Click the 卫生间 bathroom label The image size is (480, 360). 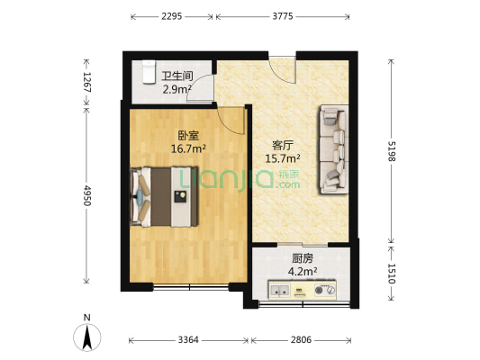pyautogui.click(x=175, y=76)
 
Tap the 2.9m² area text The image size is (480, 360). pyautogui.click(x=175, y=89)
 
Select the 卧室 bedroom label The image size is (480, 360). pyautogui.click(x=188, y=136)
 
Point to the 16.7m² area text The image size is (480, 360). pyautogui.click(x=189, y=148)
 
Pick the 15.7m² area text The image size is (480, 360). pyautogui.click(x=283, y=159)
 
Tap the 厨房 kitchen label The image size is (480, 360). pyautogui.click(x=302, y=258)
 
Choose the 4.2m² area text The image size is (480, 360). pyautogui.click(x=302, y=271)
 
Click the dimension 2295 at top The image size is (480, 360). pyautogui.click(x=172, y=16)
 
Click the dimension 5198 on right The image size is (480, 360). pyautogui.click(x=392, y=150)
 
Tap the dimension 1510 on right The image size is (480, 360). pyautogui.click(x=392, y=274)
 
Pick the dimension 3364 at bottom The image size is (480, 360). pyautogui.click(x=189, y=340)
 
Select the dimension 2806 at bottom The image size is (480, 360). pyautogui.click(x=303, y=340)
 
